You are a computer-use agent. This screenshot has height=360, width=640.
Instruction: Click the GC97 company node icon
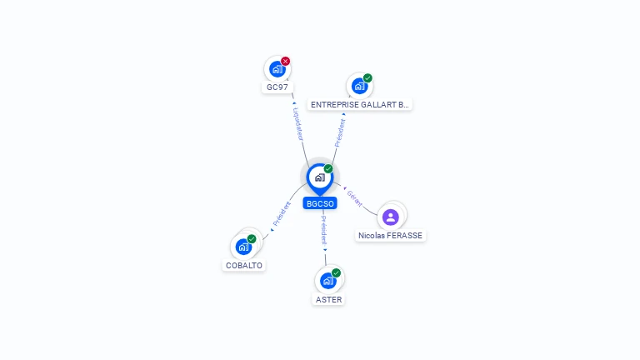tap(277, 69)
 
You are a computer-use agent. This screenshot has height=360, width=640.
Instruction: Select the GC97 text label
tap(277, 87)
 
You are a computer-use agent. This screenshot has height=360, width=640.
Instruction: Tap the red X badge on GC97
tap(285, 61)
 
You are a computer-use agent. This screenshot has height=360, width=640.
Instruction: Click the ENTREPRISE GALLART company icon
tap(359, 86)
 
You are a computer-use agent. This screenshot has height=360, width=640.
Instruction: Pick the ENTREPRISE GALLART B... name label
tap(360, 105)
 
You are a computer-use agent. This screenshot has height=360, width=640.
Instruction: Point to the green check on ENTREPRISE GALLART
tap(367, 78)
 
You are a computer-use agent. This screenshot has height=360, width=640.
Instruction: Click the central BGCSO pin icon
tap(320, 178)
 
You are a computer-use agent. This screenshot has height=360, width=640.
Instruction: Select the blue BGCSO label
tap(320, 203)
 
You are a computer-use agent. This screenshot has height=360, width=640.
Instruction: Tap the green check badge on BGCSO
tap(328, 168)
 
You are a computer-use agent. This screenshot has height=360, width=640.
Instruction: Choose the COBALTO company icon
tap(243, 247)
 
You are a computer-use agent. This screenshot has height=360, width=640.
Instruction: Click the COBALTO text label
tap(244, 265)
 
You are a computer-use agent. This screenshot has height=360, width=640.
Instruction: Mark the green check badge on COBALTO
tap(252, 239)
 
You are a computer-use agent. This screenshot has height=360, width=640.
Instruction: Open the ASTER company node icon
tap(328, 281)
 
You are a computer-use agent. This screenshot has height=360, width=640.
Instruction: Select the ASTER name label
tap(328, 300)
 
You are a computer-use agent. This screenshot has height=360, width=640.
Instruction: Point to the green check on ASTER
tap(336, 272)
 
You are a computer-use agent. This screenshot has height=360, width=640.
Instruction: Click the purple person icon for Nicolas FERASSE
tap(391, 217)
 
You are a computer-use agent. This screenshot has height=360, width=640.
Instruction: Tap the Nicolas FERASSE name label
tap(390, 236)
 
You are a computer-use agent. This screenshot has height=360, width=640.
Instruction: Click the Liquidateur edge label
tap(299, 124)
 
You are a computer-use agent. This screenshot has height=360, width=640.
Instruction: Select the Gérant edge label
tap(354, 198)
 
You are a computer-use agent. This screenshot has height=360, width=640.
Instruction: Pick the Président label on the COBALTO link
tap(282, 214)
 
